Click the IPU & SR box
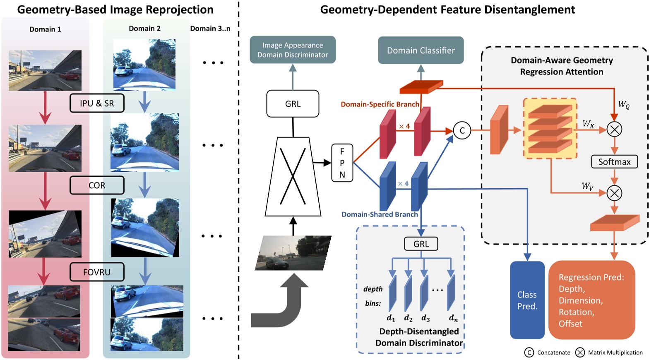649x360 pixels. coord(97,103)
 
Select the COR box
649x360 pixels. coord(97,185)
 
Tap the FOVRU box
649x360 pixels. coord(97,272)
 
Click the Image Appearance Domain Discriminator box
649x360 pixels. coord(293,50)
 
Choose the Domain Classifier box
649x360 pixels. coord(421,50)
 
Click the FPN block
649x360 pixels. coord(342,163)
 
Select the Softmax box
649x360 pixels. coord(614,162)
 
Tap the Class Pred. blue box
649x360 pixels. coord(527,300)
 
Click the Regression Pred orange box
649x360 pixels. coord(591,300)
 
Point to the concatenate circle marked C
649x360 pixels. coord(462,131)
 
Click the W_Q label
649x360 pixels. coord(624,105)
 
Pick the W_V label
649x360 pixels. coord(587,186)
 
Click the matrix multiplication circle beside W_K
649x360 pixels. coord(614,130)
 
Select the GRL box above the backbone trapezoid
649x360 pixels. coord(293,104)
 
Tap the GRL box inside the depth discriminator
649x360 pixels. coord(421,244)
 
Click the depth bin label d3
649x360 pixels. coord(425,318)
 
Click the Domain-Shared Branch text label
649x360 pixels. coord(380,214)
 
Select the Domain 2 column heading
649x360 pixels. coord(144,29)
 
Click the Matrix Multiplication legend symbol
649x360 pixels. coord(580,353)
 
